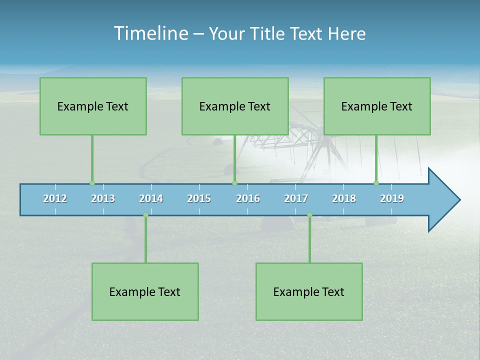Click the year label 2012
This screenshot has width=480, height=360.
55,198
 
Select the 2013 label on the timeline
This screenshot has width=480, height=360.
103,198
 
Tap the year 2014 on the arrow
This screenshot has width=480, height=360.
151,198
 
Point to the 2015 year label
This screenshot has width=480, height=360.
199,198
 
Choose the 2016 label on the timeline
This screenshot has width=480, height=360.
248,198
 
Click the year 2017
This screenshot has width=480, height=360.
296,198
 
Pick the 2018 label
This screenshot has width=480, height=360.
344,198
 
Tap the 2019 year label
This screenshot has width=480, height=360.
392,198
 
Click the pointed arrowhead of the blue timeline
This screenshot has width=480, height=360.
445,200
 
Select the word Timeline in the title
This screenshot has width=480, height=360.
150,33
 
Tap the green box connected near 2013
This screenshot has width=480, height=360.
93,106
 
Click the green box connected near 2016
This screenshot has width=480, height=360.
235,106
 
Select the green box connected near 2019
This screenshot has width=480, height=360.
377,106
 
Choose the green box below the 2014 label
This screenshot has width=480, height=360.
145,291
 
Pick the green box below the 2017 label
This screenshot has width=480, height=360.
309,291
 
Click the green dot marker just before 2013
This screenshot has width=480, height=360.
92,183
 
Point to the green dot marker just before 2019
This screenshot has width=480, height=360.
376,183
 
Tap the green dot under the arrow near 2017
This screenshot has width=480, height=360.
309,215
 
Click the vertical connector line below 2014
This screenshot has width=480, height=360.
145,240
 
